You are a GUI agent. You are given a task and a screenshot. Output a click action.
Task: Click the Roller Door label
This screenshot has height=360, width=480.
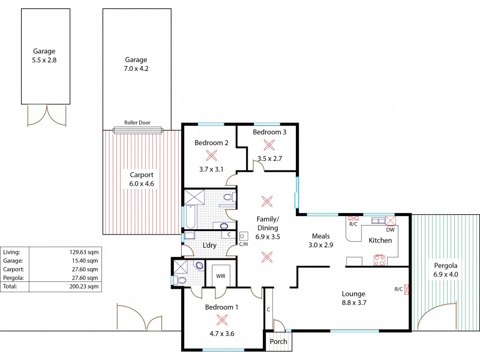point(137,122)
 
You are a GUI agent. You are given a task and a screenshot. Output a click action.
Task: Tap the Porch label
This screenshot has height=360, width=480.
point(278,341)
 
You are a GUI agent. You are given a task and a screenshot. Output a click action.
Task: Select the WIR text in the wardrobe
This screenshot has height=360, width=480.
point(221,276)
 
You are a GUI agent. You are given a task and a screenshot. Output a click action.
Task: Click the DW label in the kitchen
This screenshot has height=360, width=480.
point(391,230)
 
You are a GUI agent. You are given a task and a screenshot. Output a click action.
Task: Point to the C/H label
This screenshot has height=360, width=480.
point(244,244)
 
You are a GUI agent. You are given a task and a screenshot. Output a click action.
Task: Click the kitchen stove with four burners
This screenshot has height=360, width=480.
point(380,260)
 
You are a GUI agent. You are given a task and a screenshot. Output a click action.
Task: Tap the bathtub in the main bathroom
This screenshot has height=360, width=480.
point(190,217)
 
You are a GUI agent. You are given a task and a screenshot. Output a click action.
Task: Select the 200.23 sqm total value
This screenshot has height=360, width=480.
point(84,287)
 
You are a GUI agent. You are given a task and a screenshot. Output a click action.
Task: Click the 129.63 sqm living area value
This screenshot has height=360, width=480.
point(84,252)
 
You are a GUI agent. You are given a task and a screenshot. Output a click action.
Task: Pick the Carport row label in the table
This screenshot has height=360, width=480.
point(13,269)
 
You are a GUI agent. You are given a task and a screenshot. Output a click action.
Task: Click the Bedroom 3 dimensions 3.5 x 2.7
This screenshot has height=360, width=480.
point(269,158)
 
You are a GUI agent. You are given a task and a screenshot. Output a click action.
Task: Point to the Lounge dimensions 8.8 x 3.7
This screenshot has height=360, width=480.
point(353,303)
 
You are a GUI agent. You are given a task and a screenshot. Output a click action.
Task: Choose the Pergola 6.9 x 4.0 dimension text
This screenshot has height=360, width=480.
point(446,274)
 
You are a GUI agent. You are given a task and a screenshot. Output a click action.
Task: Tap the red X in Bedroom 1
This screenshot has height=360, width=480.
point(221,320)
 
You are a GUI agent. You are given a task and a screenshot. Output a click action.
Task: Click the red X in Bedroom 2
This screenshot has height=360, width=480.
point(211,155)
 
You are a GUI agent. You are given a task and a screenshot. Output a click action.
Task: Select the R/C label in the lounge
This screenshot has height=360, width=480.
point(398,289)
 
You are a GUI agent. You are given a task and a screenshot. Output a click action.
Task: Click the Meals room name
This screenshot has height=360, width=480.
point(321,236)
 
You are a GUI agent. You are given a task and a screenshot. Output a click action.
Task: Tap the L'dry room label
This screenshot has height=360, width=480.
point(209,245)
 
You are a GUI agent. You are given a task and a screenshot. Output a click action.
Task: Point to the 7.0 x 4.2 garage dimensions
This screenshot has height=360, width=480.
point(136,68)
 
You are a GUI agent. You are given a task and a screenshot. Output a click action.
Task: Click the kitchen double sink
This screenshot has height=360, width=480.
point(379,220)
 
